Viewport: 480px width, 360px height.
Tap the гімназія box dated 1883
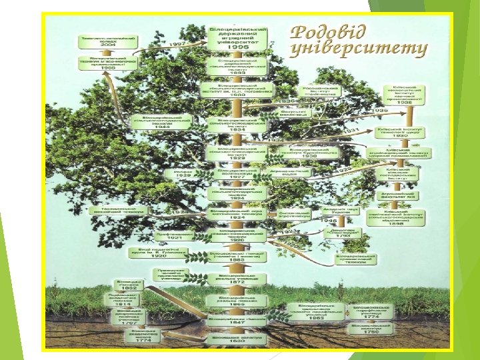[235, 257]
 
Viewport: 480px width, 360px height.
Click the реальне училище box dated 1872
[235, 279]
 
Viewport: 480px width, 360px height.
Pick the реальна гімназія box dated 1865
[235, 301]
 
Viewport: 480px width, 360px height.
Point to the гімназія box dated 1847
[235, 322]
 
